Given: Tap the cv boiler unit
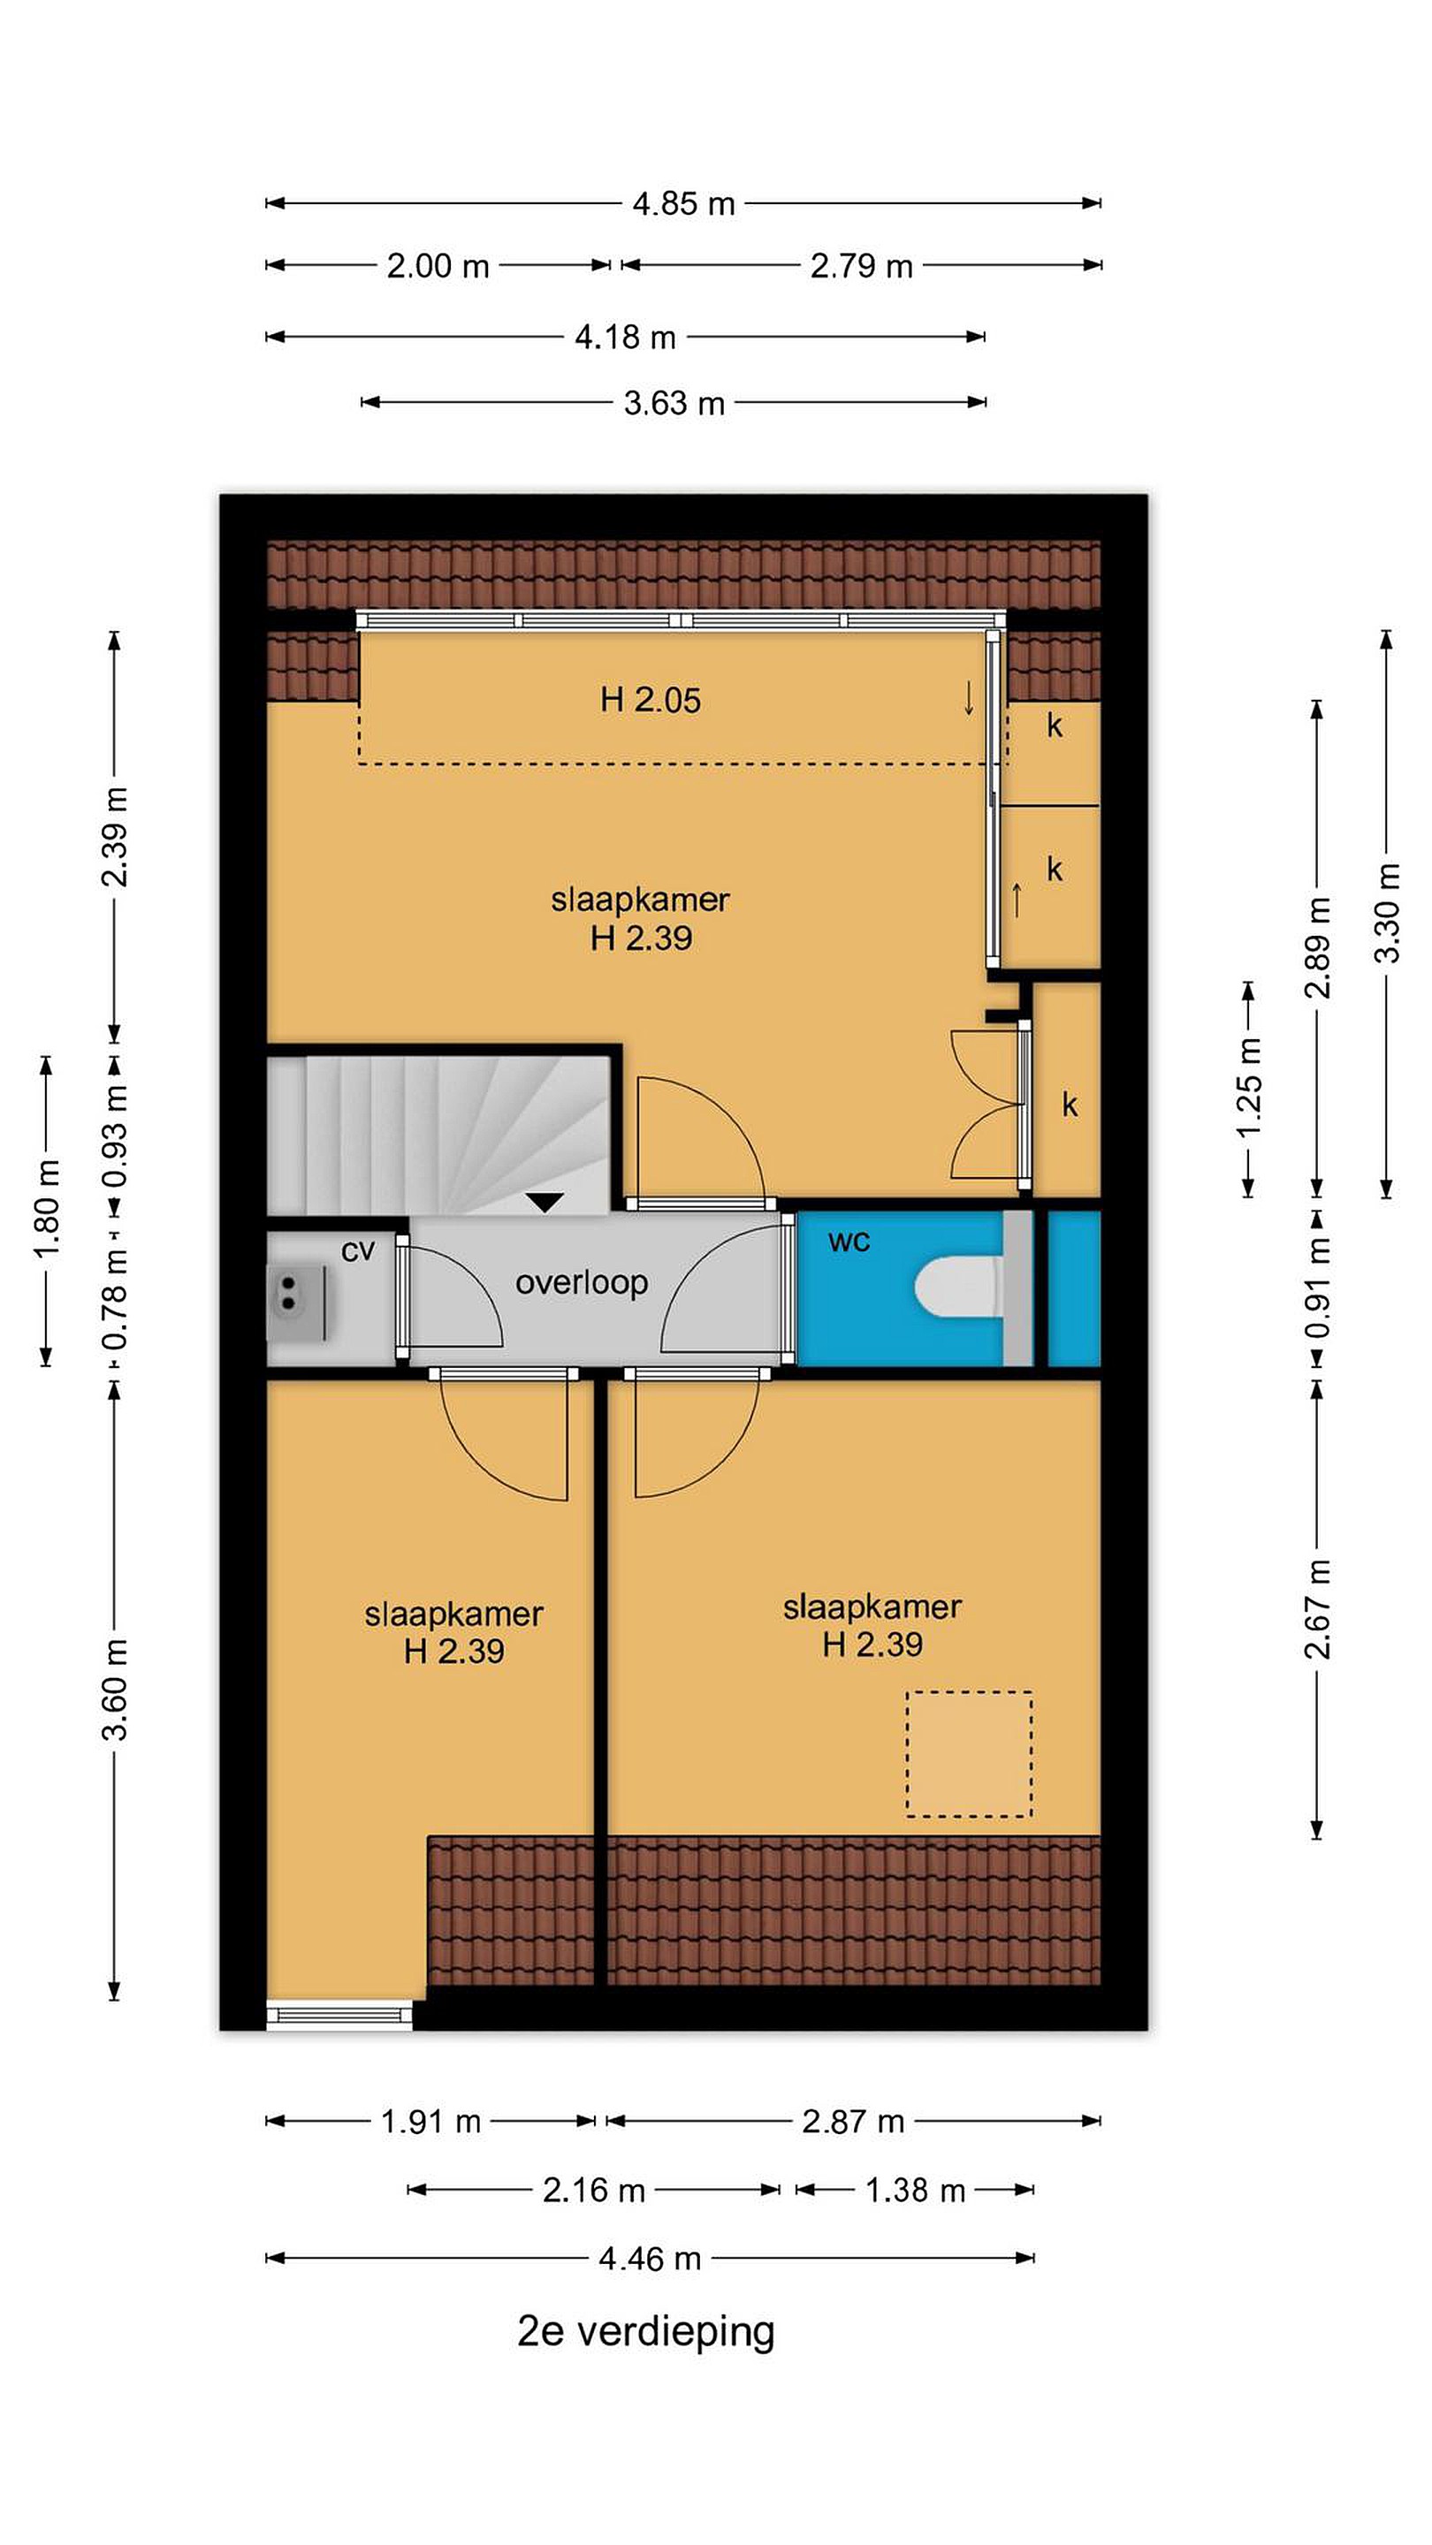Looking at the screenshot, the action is pos(295,1303).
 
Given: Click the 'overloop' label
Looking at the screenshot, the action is pos(581,1282).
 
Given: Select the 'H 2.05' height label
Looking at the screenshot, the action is pos(651,700).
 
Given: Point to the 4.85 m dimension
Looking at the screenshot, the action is pos(684,203).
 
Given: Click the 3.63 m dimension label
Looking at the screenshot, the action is pos(674,403).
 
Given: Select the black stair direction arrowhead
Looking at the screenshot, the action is pos(545,1203).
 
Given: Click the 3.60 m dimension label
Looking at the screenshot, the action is pos(116,1689).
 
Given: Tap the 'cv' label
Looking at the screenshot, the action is pos(358,1250).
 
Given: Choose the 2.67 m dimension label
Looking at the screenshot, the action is pos(1317,1607).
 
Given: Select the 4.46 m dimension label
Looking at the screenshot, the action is pos(651,2258).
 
